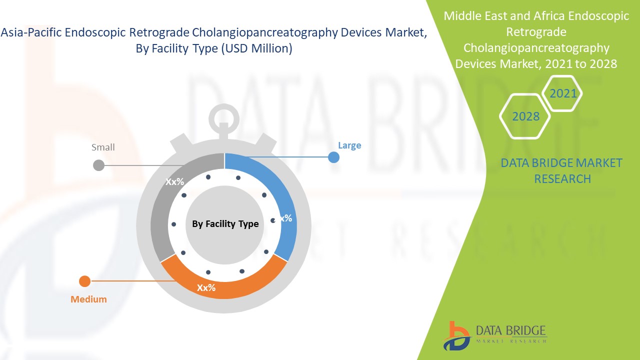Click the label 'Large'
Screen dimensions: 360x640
pyautogui.click(x=349, y=145)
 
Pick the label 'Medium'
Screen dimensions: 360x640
pyautogui.click(x=88, y=299)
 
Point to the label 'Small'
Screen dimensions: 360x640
pyautogui.click(x=103, y=147)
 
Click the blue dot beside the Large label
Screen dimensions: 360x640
pyautogui.click(x=333, y=157)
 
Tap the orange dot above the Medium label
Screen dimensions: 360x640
pyautogui.click(x=85, y=281)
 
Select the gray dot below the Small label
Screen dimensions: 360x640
pyautogui.click(x=99, y=165)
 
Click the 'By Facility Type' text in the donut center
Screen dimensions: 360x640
pyautogui.click(x=225, y=224)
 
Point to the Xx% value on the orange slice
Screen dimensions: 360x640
pyautogui.click(x=206, y=288)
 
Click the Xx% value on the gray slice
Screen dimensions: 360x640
pyautogui.click(x=175, y=182)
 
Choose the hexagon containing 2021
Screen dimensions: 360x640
pyautogui.click(x=563, y=93)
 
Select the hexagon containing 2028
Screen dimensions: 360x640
pyautogui.click(x=525, y=116)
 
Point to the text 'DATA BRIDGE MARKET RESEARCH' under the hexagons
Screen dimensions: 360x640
pyautogui.click(x=562, y=170)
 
